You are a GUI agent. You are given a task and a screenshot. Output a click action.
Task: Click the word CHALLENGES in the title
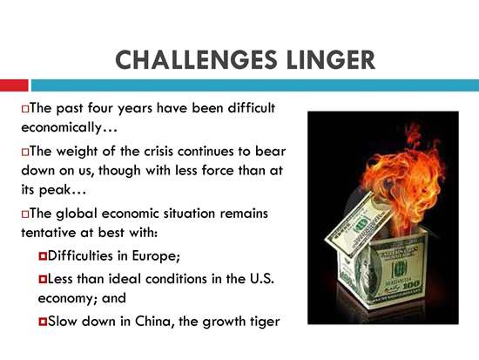(196, 59)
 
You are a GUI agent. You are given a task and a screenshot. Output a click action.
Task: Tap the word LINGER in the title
(331, 59)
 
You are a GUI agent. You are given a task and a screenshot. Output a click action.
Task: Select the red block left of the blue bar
(14, 85)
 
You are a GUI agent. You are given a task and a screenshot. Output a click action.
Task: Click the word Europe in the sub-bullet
(156, 256)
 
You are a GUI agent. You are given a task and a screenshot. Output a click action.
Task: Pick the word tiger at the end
(264, 322)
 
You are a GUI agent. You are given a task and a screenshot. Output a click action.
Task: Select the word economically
(61, 128)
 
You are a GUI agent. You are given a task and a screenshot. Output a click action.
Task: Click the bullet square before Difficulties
(43, 256)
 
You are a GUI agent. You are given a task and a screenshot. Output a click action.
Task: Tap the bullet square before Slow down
(43, 322)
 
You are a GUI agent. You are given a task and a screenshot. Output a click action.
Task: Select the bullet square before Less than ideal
(43, 279)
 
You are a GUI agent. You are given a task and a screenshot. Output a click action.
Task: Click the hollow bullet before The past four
(25, 109)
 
